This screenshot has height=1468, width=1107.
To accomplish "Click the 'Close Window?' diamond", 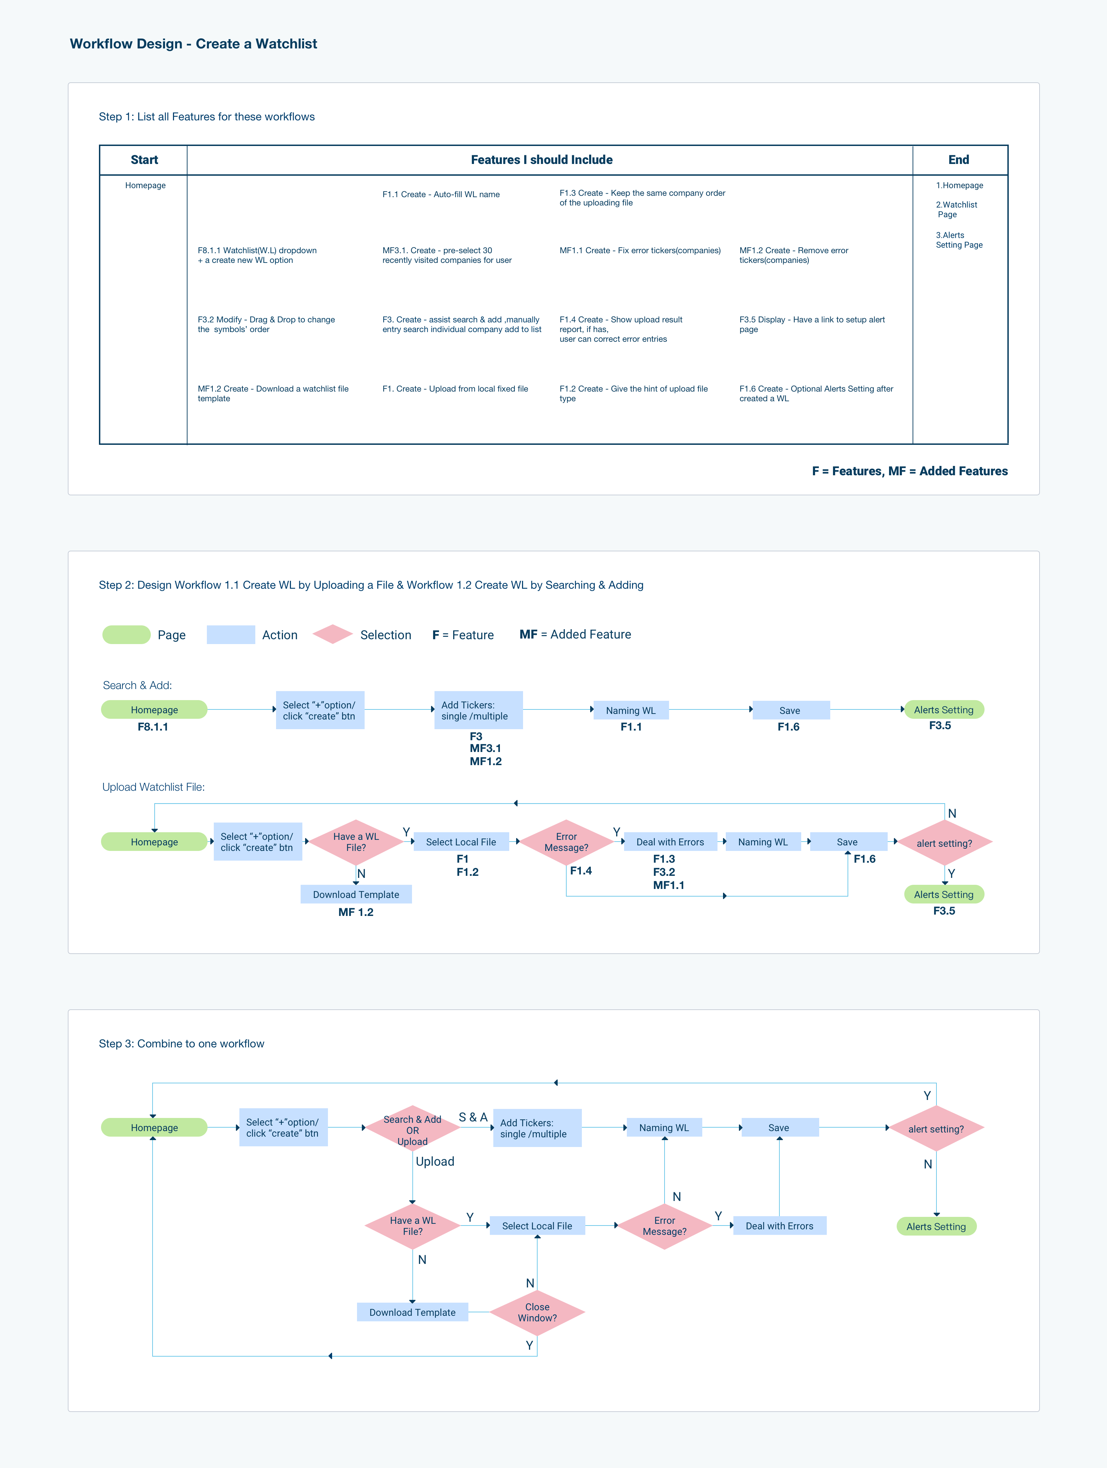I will click(x=537, y=1312).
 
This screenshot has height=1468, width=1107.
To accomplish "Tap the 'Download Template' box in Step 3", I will click(x=412, y=1312).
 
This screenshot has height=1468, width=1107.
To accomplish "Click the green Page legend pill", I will click(x=126, y=634).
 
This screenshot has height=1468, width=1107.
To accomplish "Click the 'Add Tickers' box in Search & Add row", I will click(x=478, y=710).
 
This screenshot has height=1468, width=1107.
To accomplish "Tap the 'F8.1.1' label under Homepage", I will click(x=153, y=727).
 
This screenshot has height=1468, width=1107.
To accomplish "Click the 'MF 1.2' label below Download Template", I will click(x=356, y=912).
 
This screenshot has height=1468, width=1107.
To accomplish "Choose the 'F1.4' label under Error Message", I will click(x=581, y=870).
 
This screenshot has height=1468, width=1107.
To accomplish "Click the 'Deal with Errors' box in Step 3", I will click(x=779, y=1226).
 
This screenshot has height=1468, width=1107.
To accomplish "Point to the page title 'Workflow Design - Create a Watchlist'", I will click(x=193, y=44).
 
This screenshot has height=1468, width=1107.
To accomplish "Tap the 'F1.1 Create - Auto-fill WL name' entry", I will click(x=441, y=194).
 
